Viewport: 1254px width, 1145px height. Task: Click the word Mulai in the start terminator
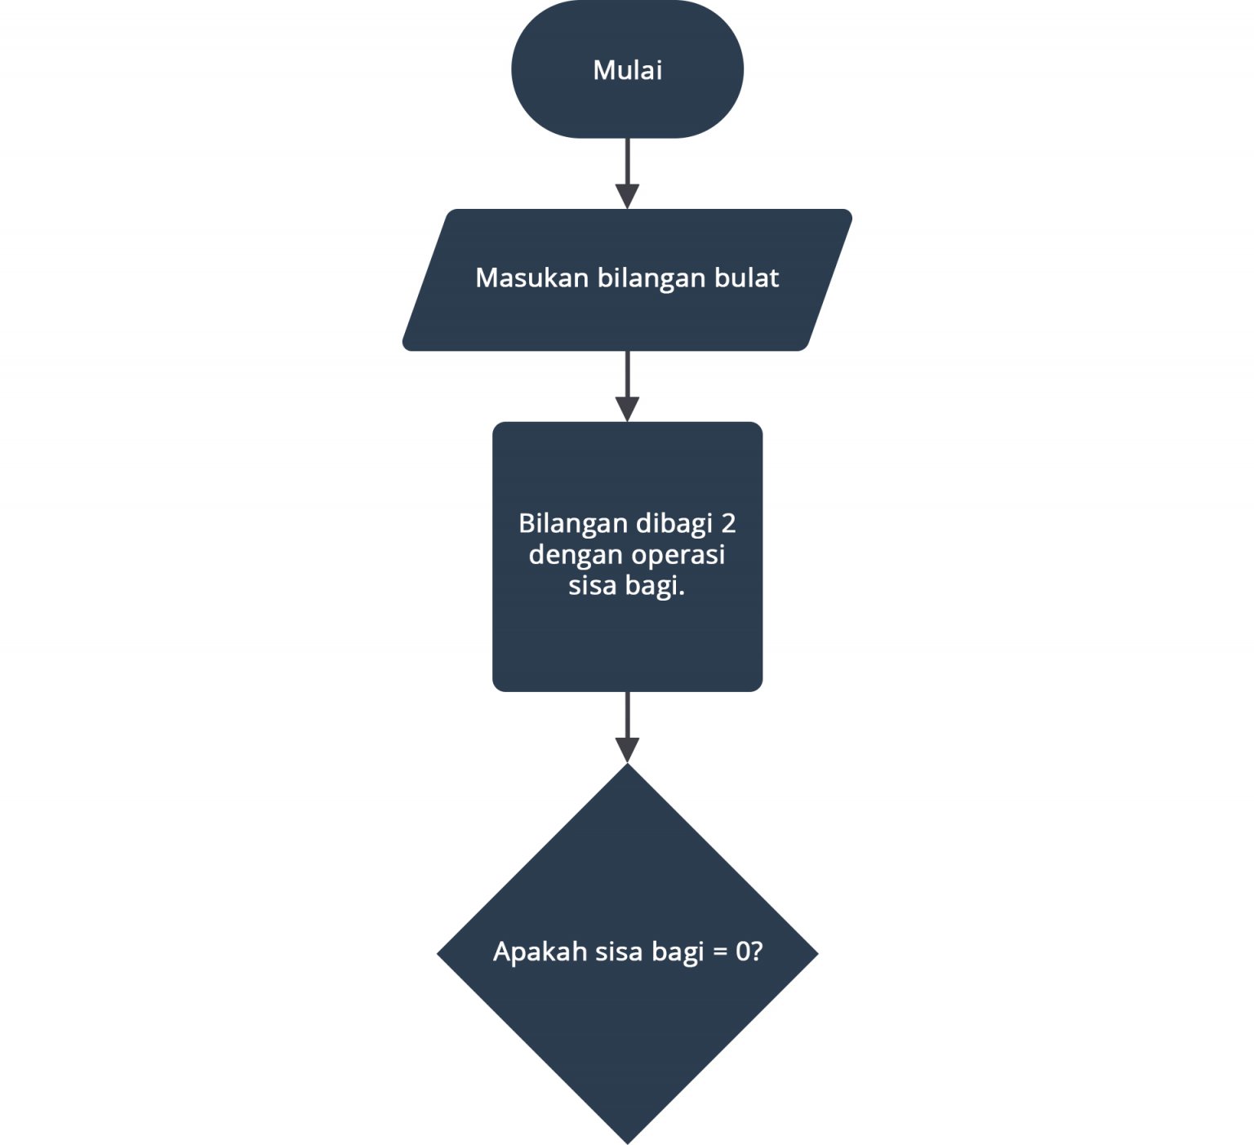[627, 70]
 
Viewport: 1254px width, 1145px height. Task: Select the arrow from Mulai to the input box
[627, 171]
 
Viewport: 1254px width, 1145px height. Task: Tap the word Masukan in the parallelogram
[532, 278]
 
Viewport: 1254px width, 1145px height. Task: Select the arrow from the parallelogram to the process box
[627, 385]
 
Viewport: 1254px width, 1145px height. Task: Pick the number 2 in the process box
[729, 523]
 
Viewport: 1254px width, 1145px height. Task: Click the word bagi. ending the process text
[655, 587]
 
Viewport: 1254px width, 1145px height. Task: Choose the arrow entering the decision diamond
[627, 726]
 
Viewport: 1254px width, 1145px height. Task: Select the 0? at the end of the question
[749, 952]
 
